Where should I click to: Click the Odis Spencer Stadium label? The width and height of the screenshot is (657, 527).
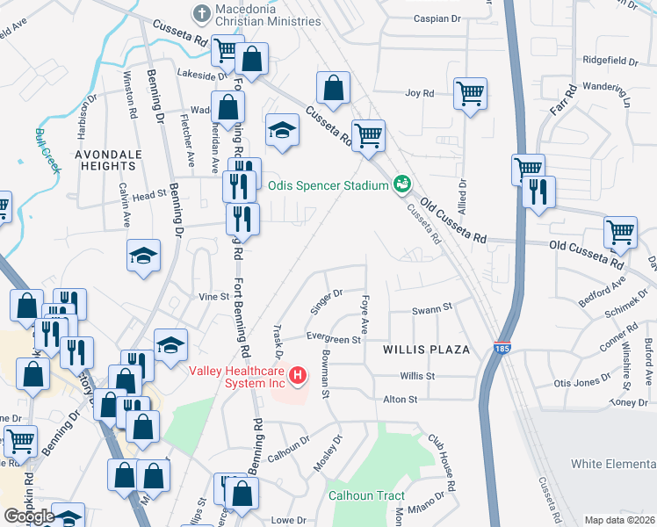(x=328, y=185)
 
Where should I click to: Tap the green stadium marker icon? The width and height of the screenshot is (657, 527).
(x=402, y=184)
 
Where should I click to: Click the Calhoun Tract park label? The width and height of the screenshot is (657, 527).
(x=366, y=495)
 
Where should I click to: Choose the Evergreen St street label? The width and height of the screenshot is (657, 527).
(x=333, y=338)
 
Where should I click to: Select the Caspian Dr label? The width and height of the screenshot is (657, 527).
(x=437, y=18)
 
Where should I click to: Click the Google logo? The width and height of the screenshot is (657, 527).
(x=29, y=516)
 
